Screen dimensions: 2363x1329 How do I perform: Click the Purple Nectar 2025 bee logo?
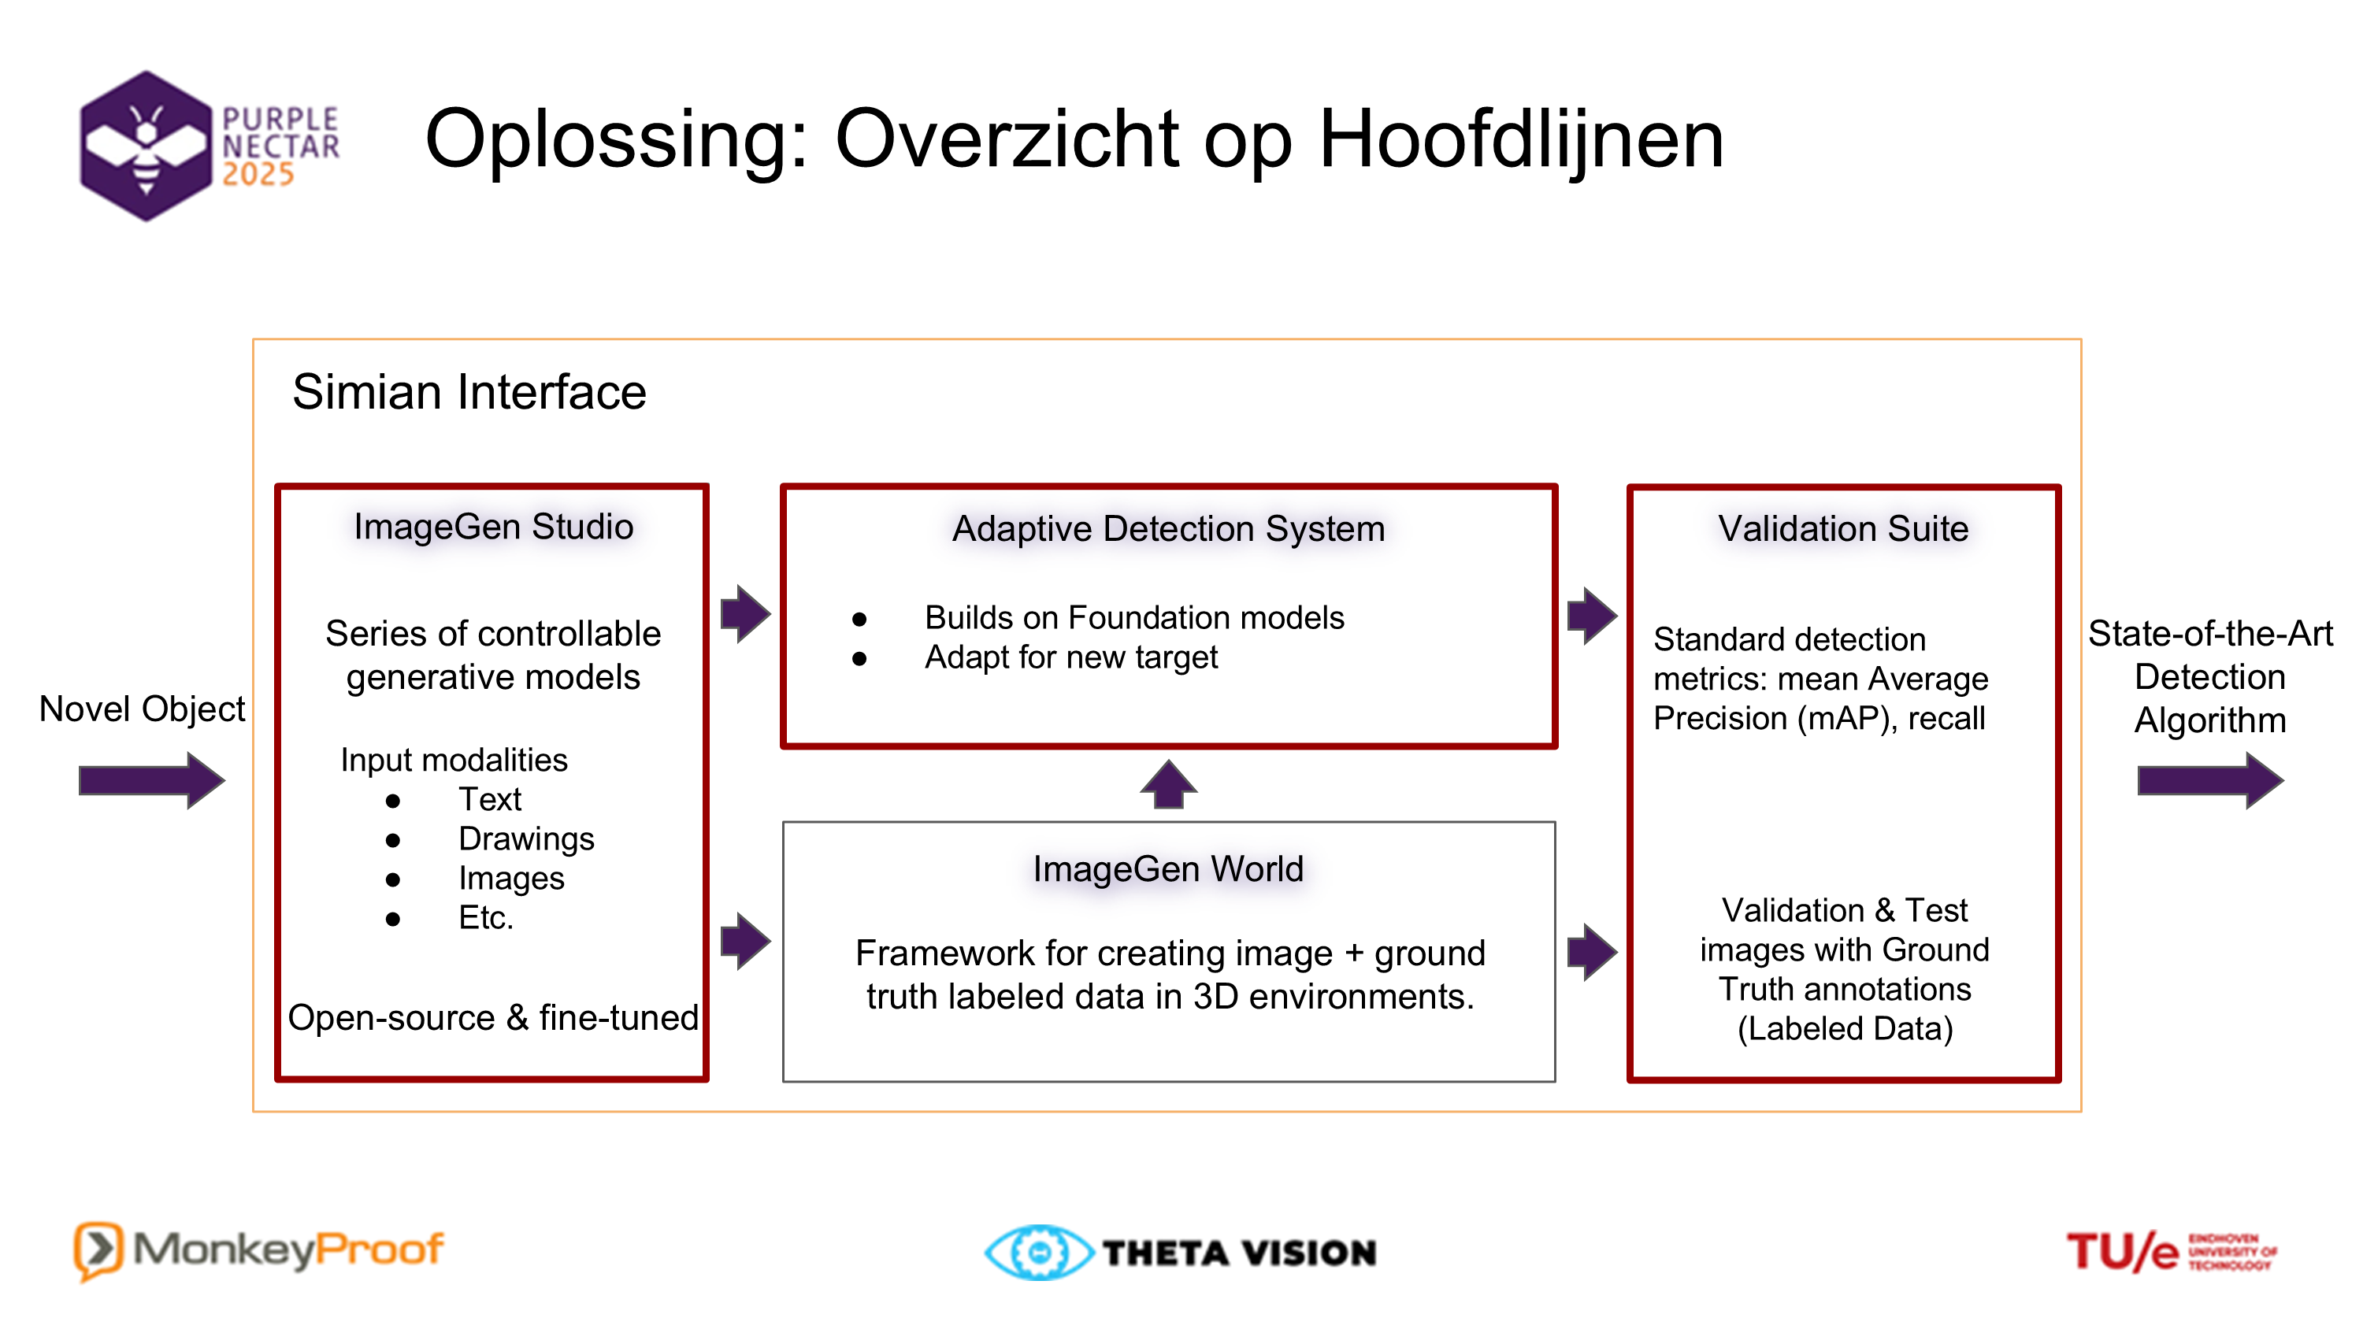[210, 146]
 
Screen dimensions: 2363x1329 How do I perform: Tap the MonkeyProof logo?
[258, 1250]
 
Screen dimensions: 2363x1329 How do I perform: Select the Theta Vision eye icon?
[1038, 1252]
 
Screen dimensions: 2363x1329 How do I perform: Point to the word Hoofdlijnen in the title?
[1521, 139]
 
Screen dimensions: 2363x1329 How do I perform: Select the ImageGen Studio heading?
[494, 527]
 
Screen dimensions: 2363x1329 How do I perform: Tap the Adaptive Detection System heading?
[1168, 528]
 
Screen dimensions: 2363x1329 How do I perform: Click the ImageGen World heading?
[1168, 868]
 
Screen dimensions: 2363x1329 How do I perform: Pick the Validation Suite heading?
[1843, 528]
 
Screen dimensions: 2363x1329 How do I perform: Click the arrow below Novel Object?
[151, 780]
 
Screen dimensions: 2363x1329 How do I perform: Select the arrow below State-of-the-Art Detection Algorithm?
[2210, 780]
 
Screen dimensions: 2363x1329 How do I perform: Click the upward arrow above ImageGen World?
[1168, 784]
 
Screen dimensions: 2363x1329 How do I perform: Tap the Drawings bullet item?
[525, 838]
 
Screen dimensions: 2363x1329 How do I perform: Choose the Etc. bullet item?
[485, 917]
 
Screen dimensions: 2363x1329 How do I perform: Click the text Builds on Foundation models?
[1133, 617]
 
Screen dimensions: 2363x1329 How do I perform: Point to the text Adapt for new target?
[1070, 657]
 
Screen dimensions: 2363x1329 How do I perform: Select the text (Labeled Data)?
[1845, 1028]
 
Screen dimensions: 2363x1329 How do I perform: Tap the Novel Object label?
[143, 709]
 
